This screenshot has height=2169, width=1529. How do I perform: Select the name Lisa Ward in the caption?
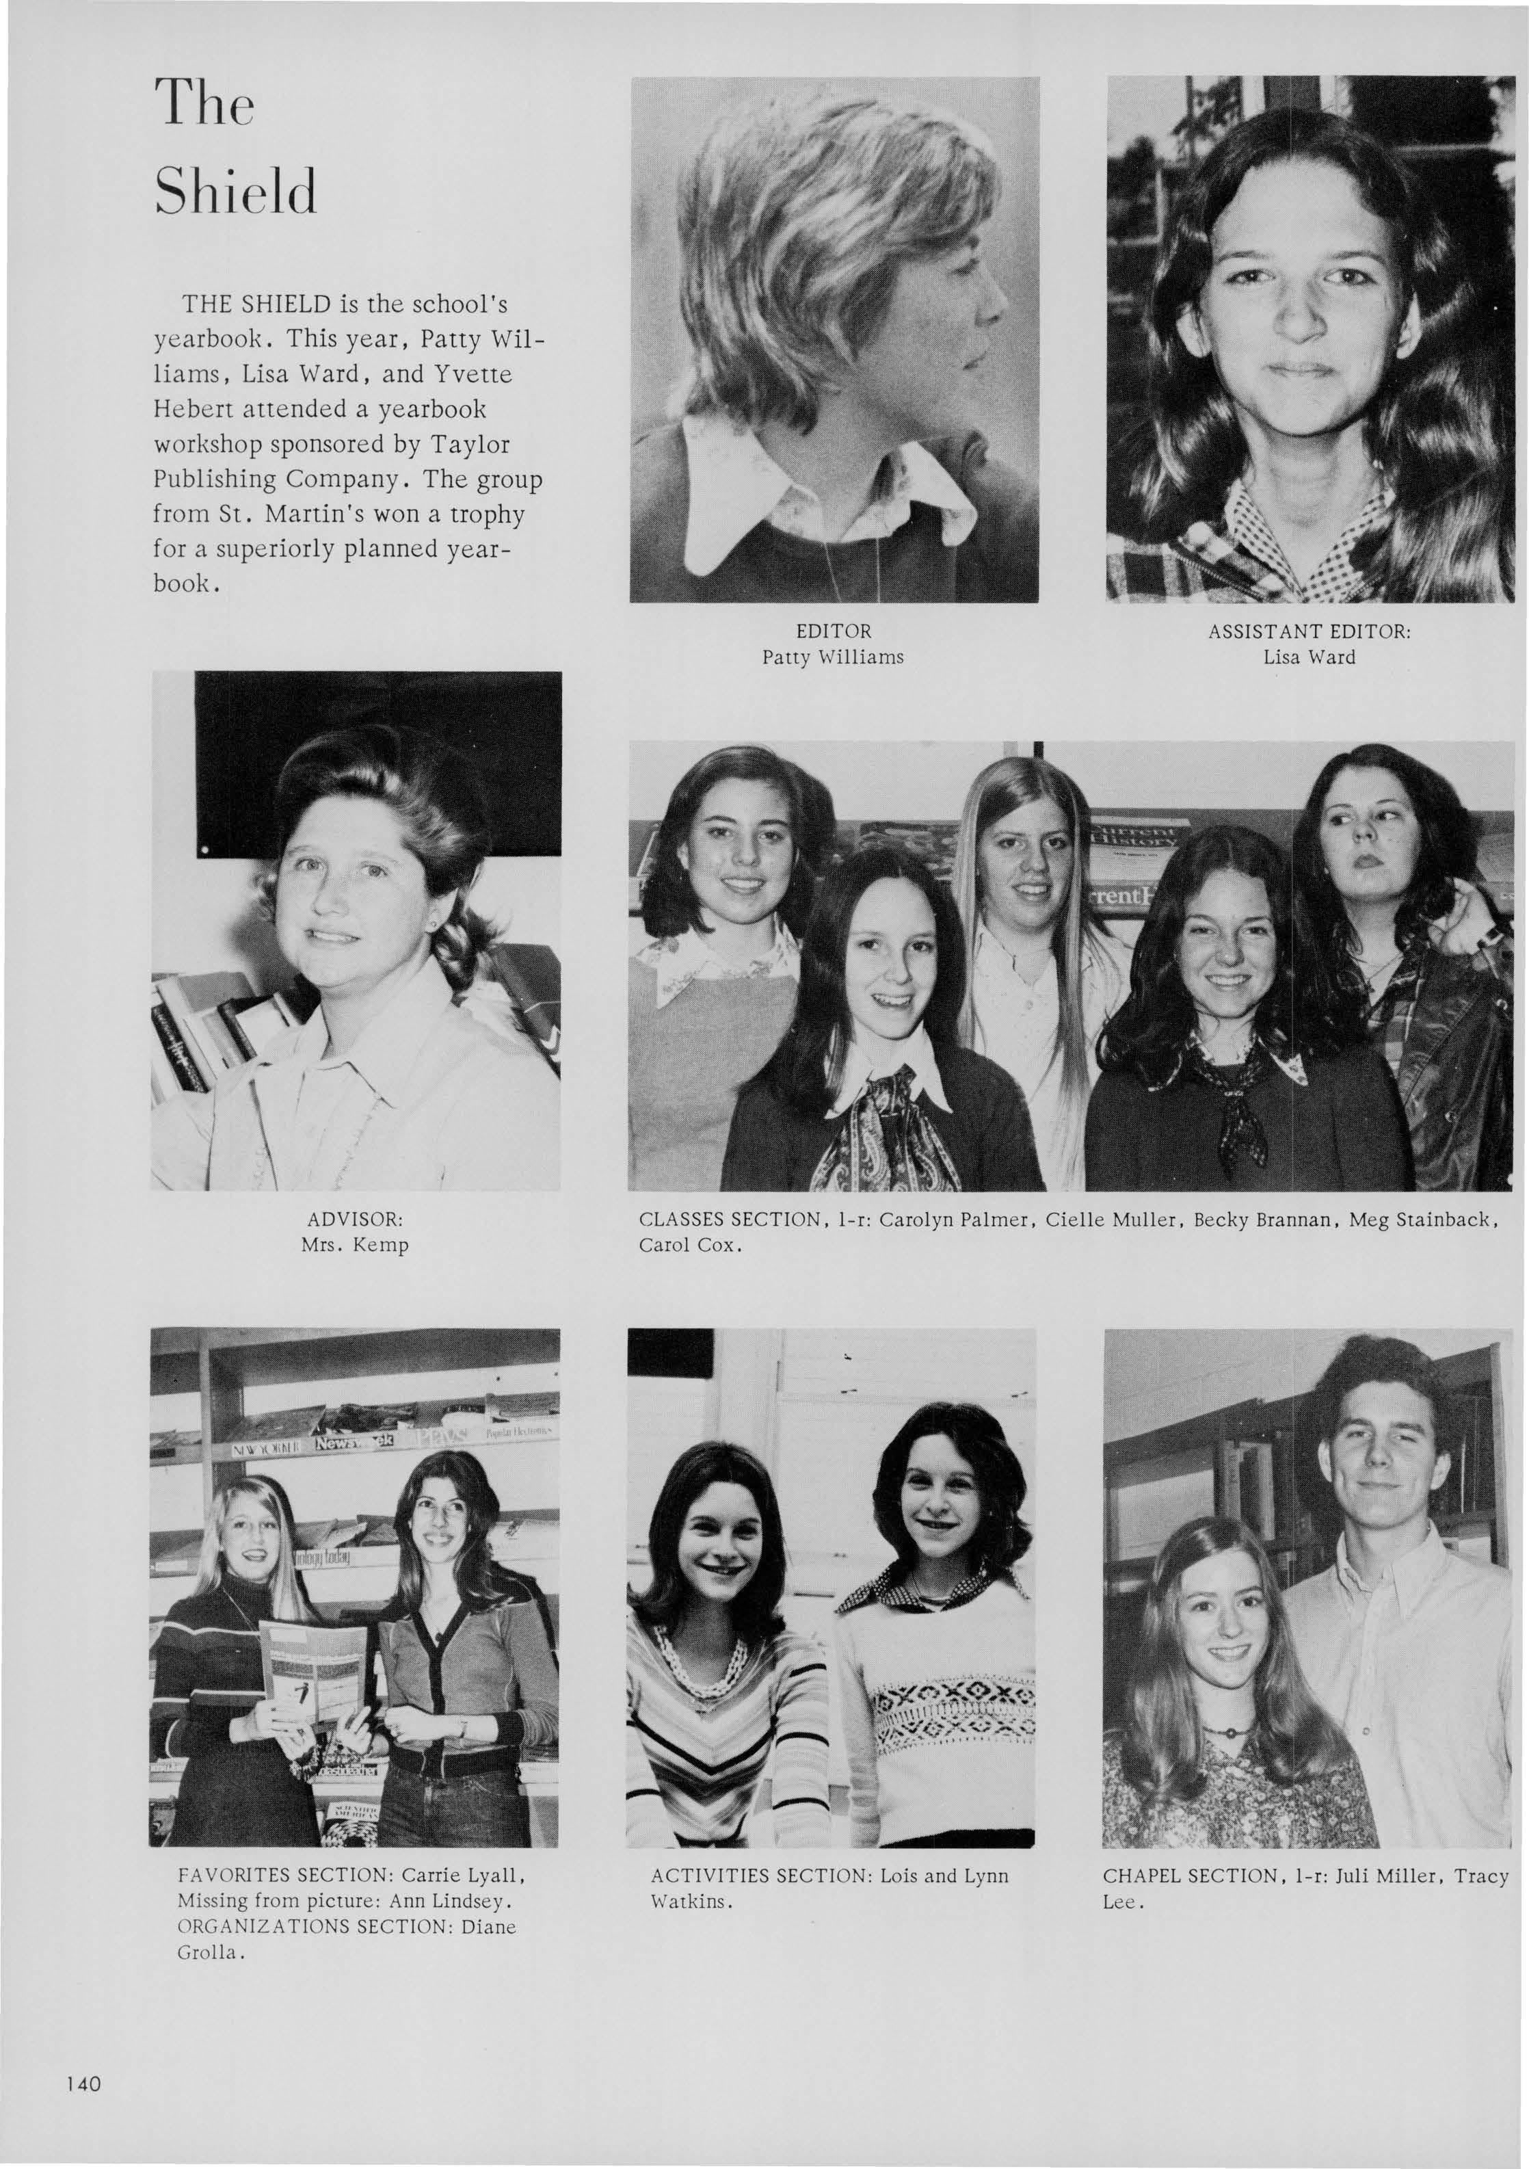[x=1309, y=657]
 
